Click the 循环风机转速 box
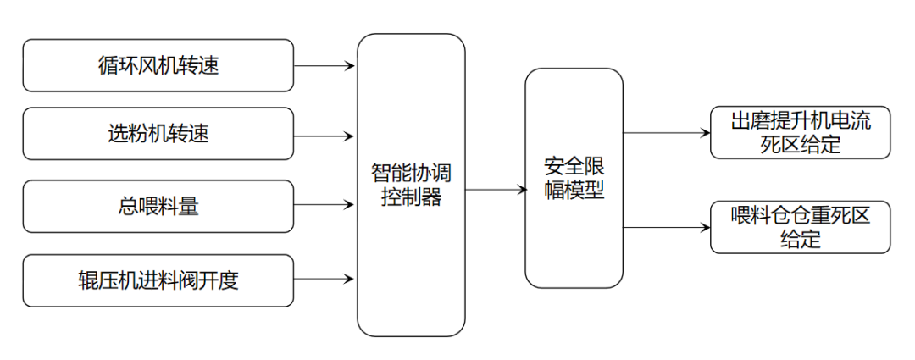coord(158,65)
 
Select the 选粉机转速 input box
coord(158,134)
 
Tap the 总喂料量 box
coord(158,206)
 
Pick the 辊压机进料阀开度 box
coord(158,280)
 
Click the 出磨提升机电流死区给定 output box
coord(800,133)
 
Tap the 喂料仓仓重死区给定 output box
coord(800,227)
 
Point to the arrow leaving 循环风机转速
coord(324,65)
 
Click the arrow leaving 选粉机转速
coord(324,136)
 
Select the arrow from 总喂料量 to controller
coord(324,204)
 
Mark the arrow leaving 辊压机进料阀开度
coord(324,278)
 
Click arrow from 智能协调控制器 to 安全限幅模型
coord(496,190)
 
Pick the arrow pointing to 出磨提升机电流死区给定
coord(666,132)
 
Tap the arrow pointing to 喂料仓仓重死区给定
coord(666,227)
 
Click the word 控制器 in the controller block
coord(411,199)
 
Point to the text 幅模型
coord(574,190)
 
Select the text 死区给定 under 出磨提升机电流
coord(800,144)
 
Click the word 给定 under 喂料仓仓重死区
coord(800,239)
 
